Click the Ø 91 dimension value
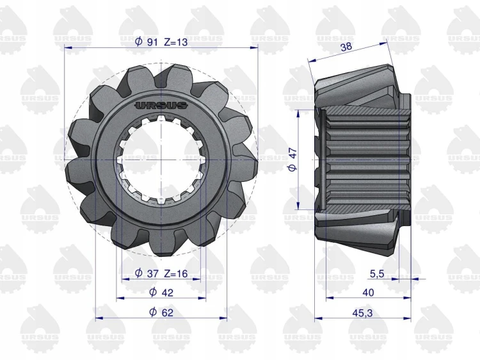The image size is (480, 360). click(x=146, y=42)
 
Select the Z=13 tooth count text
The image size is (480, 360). click(x=176, y=42)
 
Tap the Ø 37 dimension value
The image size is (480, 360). click(x=147, y=273)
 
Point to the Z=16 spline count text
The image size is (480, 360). click(x=176, y=273)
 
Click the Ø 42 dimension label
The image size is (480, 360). click(x=161, y=292)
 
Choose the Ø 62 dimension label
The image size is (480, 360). click(x=161, y=312)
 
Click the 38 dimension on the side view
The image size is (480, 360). click(x=346, y=47)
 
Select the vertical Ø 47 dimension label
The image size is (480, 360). click(x=292, y=160)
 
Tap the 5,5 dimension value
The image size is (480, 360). click(x=377, y=274)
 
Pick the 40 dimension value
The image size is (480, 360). click(x=368, y=293)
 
